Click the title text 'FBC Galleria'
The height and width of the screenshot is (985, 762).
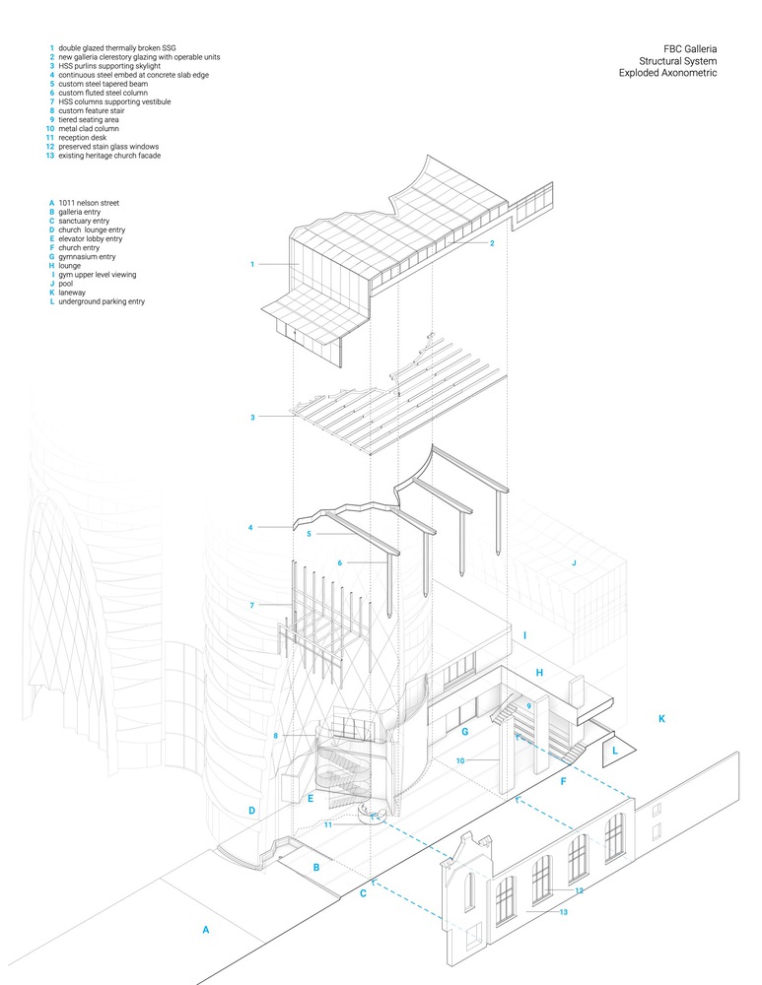[x=690, y=47]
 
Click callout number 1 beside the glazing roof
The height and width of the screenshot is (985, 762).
[x=253, y=264]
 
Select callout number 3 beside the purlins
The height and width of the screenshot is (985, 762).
[x=253, y=418]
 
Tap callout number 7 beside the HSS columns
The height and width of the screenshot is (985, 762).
[x=253, y=604]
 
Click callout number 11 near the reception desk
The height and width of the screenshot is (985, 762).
[x=328, y=825]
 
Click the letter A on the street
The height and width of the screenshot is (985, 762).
[x=205, y=929]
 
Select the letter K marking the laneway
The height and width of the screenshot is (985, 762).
[x=661, y=719]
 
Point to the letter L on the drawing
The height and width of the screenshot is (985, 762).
[x=616, y=751]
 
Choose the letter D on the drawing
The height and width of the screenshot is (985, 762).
[x=252, y=811]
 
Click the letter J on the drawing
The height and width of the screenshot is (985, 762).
[x=574, y=562]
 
